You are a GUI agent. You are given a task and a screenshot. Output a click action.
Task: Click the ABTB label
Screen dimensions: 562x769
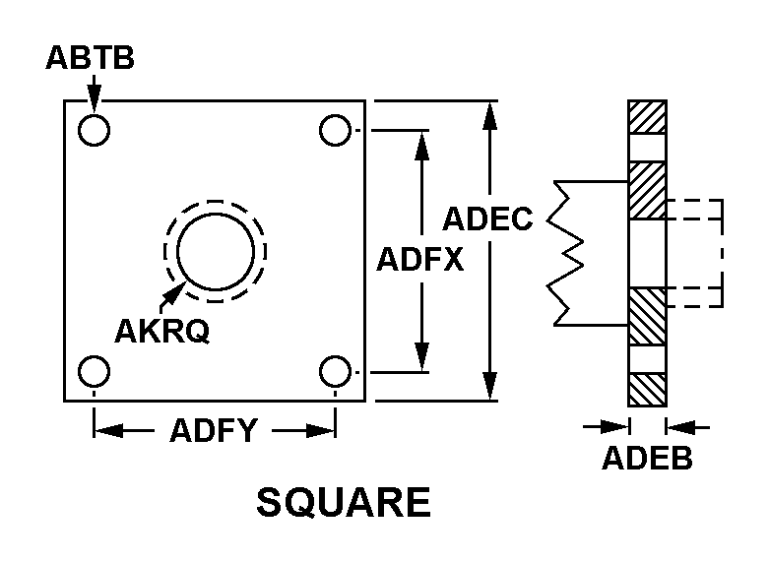(90, 58)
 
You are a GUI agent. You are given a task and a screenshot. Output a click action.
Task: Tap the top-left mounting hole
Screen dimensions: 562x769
(95, 130)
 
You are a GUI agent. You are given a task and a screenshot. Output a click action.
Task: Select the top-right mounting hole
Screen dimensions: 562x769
(335, 130)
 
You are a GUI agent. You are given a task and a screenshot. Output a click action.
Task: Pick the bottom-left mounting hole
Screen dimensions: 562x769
(95, 372)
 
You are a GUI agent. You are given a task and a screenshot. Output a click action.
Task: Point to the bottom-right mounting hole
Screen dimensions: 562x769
(335, 372)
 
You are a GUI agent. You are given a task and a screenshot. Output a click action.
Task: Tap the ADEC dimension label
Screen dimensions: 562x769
(487, 218)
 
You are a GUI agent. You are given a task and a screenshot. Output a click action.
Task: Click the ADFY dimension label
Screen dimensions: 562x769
(214, 431)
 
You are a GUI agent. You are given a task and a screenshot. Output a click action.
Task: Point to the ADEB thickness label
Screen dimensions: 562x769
(647, 458)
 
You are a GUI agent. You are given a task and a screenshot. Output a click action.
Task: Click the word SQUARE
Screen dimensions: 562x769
(343, 503)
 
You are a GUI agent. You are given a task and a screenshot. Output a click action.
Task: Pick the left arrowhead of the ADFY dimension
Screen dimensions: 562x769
(106, 430)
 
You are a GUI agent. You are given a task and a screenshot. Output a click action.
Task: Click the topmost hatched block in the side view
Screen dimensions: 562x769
(648, 117)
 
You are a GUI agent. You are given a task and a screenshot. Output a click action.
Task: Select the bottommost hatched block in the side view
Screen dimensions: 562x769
(648, 389)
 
